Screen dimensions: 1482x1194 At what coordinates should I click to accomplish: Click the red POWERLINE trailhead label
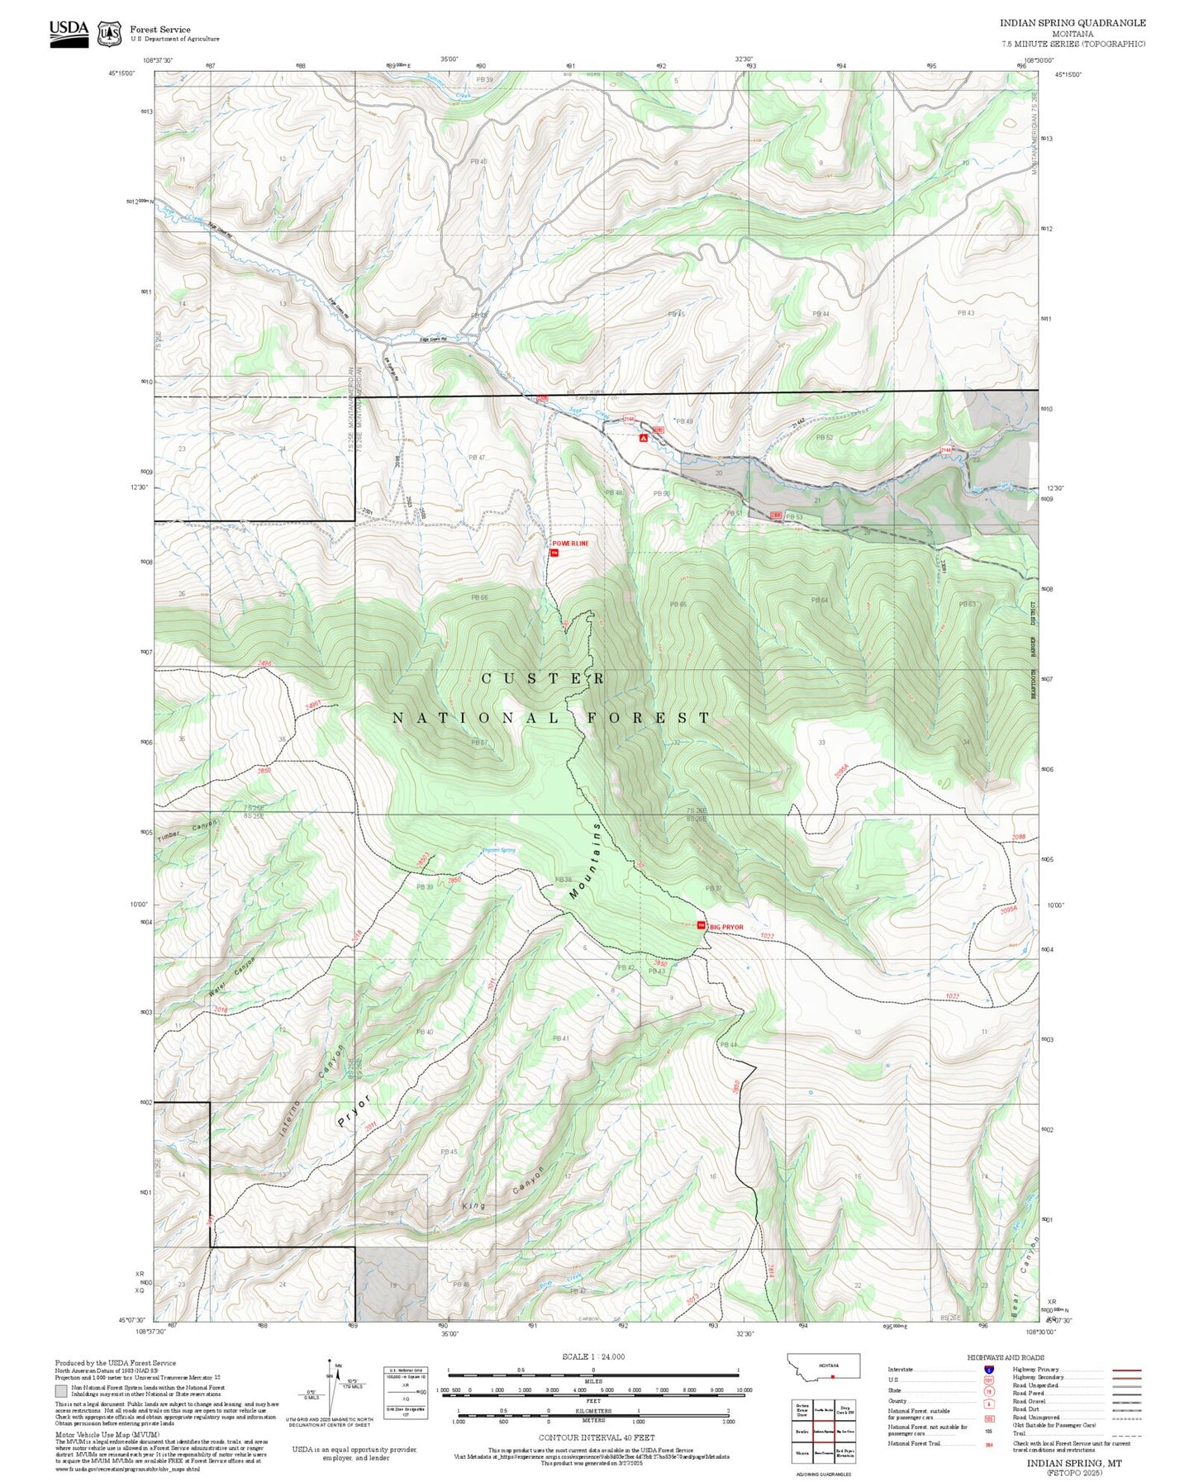[571, 544]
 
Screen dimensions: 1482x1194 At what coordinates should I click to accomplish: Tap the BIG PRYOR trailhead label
[726, 927]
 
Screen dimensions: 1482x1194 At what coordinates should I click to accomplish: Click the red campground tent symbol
[643, 439]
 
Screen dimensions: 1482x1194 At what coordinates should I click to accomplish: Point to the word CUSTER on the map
[543, 678]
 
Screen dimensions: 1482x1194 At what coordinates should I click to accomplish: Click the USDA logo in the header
[69, 32]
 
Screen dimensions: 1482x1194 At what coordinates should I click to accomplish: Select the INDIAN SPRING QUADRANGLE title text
[1073, 23]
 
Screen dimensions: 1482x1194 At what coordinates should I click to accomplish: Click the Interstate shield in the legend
[989, 1370]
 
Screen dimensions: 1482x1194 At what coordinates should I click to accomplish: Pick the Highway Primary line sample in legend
[1127, 1370]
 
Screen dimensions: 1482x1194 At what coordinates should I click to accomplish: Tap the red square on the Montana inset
[833, 1377]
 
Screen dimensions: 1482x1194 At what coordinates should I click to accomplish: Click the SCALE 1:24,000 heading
[593, 1357]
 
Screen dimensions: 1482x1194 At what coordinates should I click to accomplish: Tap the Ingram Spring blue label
[499, 850]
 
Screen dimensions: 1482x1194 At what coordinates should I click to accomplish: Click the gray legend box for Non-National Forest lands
[60, 1392]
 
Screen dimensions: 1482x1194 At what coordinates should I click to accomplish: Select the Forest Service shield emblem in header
[109, 34]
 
